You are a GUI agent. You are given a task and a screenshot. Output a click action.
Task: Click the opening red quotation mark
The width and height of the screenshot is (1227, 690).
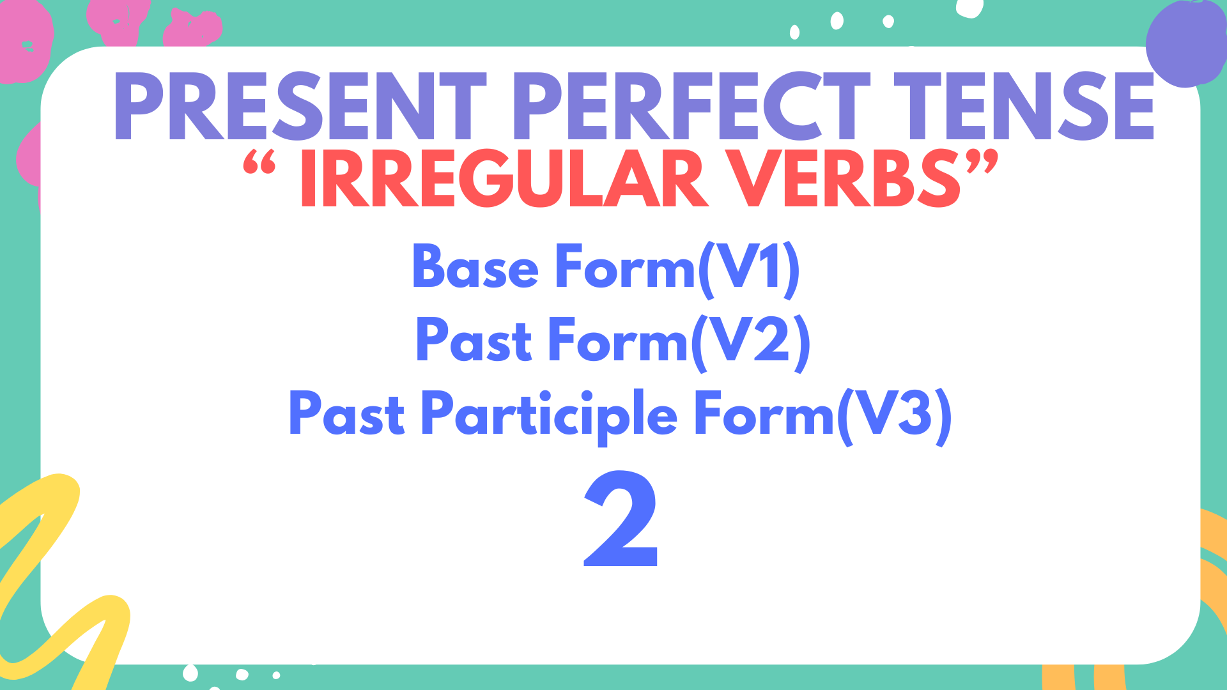pyautogui.click(x=259, y=162)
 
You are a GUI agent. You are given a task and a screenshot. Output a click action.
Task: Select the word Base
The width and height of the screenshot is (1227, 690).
pyautogui.click(x=475, y=267)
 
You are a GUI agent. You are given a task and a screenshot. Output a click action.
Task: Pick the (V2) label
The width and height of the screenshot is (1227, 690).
pyautogui.click(x=750, y=342)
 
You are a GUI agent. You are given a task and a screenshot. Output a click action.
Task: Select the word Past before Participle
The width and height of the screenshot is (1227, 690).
pyautogui.click(x=346, y=415)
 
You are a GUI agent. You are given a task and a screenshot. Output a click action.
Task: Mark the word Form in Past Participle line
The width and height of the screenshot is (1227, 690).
pyautogui.click(x=764, y=415)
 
